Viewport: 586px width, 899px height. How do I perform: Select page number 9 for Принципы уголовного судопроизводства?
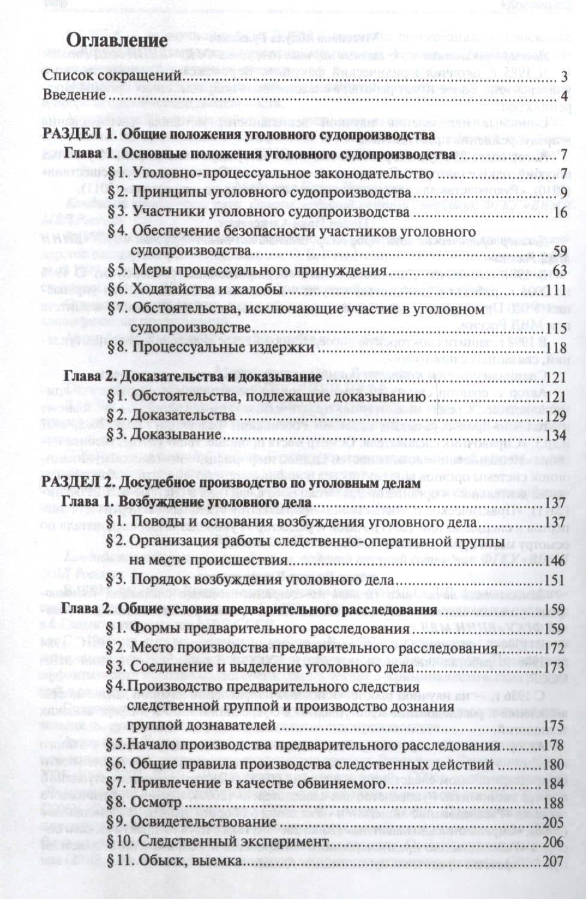563,193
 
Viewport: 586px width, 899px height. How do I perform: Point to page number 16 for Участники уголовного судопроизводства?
560,213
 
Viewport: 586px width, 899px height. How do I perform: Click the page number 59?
560,250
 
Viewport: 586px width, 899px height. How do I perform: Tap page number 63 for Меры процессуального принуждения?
560,270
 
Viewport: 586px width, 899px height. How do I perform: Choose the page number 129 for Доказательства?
556,416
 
